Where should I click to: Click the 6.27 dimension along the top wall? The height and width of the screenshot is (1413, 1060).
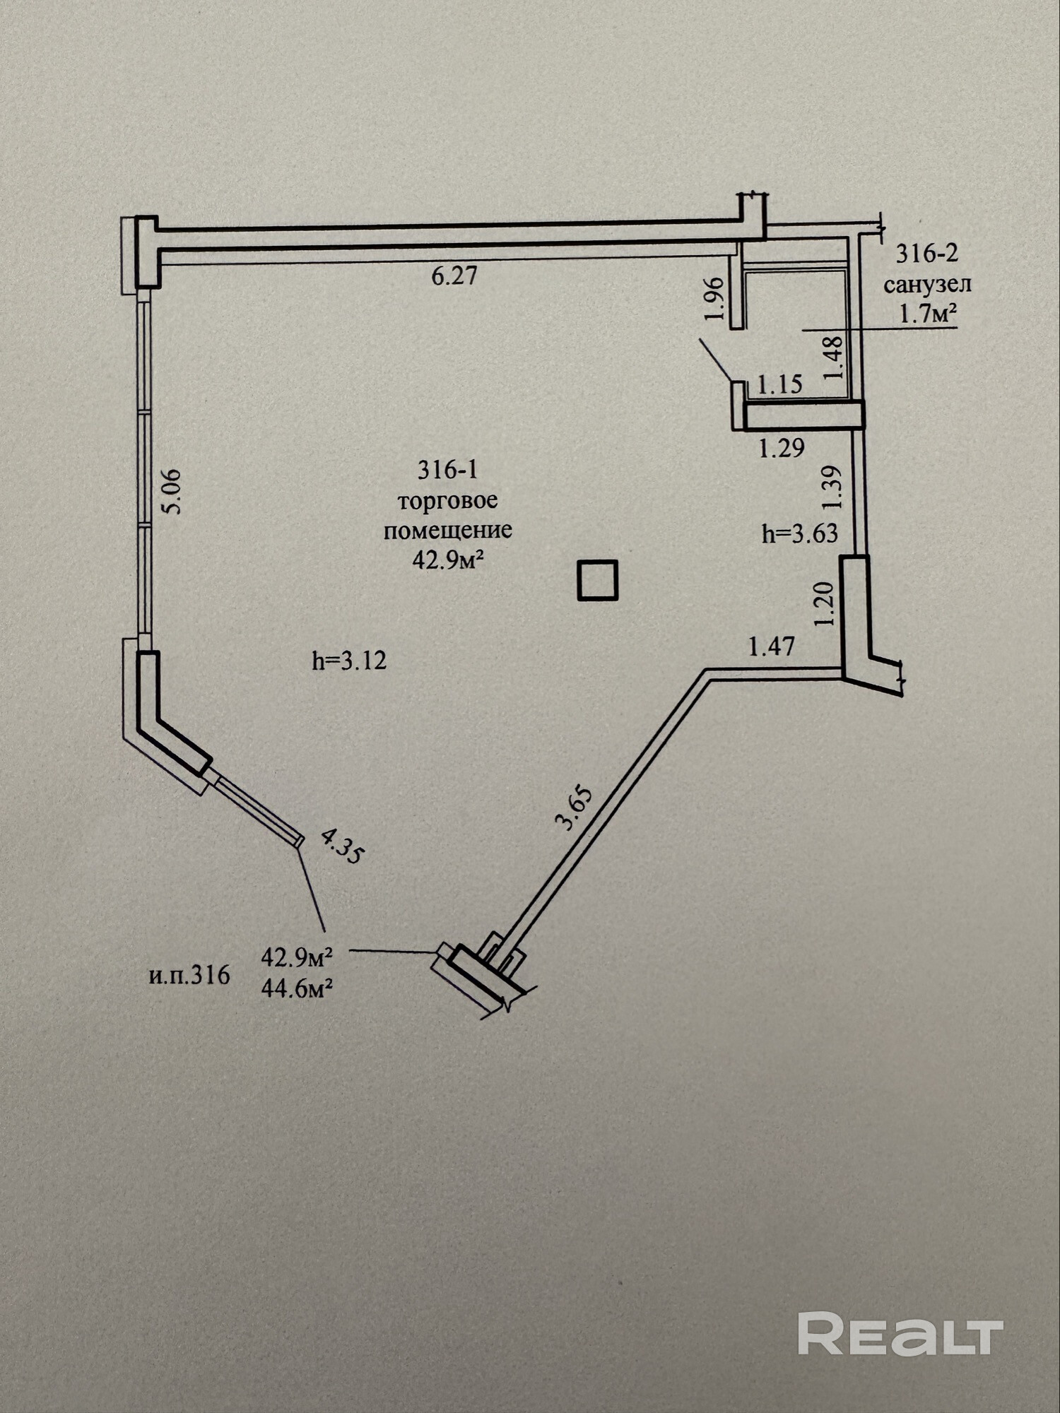click(x=454, y=275)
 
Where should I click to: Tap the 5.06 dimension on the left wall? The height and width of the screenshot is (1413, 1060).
click(x=172, y=492)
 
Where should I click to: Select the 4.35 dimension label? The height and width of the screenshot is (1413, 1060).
click(x=342, y=846)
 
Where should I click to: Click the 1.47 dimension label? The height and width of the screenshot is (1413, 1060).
click(x=772, y=646)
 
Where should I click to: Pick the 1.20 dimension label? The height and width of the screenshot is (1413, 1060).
click(x=825, y=603)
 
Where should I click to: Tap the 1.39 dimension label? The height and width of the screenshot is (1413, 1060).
click(x=832, y=487)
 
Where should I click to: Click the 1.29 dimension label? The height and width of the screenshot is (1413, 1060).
click(x=782, y=448)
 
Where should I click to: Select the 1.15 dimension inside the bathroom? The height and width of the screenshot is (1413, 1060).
click(x=780, y=384)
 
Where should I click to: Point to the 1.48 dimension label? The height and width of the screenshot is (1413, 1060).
click(x=835, y=357)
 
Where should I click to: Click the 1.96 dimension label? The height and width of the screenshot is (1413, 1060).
click(x=715, y=297)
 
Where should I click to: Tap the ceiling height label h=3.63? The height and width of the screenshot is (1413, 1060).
click(x=800, y=533)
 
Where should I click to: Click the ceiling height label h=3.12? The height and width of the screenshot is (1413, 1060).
click(x=349, y=661)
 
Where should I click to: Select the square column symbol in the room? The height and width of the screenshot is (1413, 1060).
click(x=598, y=580)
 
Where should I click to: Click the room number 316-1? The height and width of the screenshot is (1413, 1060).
click(x=447, y=469)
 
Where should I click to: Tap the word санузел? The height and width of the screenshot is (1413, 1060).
click(x=927, y=284)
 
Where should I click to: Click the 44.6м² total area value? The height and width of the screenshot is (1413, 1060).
click(x=297, y=988)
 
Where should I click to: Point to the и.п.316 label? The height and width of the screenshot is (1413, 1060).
click(x=189, y=975)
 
